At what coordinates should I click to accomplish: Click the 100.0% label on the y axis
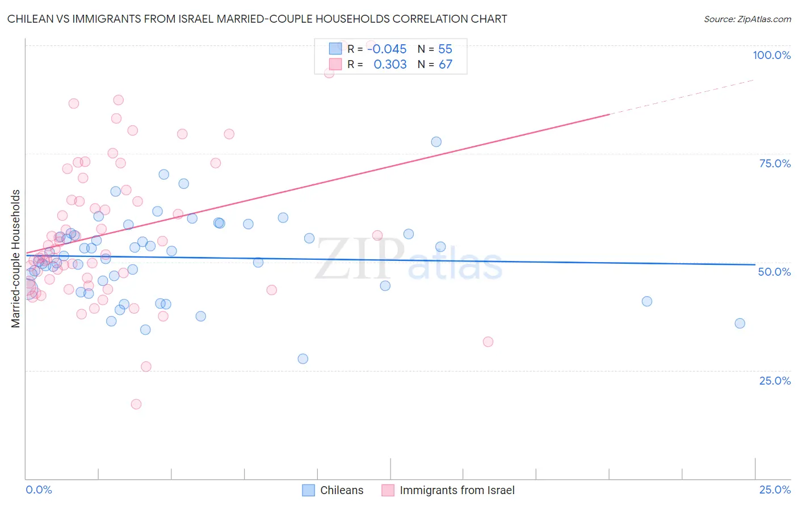click(771, 55)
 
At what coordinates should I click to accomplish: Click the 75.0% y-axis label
click(775, 163)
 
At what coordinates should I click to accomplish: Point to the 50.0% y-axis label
click(774, 272)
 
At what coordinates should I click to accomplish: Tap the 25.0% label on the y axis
click(775, 380)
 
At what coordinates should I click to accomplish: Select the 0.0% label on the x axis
click(39, 490)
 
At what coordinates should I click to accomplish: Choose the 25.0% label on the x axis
click(775, 490)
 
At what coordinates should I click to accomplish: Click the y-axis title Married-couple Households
click(16, 259)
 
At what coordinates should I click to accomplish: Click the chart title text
click(257, 19)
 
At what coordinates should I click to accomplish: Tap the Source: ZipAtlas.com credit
click(747, 19)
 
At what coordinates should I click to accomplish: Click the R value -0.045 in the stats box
click(387, 49)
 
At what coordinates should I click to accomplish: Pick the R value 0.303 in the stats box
click(390, 65)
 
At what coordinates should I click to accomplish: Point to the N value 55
click(445, 49)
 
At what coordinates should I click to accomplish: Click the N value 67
click(445, 65)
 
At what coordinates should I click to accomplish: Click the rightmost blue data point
click(740, 323)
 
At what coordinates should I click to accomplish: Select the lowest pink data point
click(136, 404)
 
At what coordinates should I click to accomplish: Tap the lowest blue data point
click(303, 359)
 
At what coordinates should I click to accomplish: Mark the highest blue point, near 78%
click(436, 142)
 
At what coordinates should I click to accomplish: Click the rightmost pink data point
click(488, 341)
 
